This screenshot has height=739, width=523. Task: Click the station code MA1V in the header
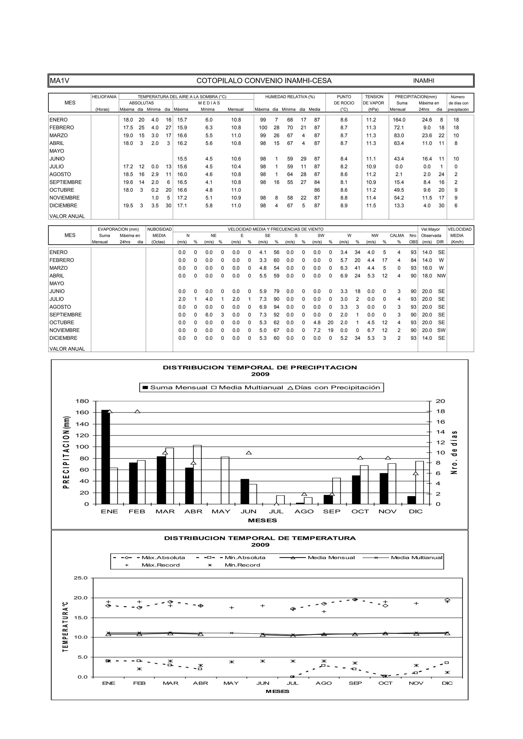(x=59, y=81)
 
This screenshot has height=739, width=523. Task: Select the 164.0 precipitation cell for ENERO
(x=399, y=120)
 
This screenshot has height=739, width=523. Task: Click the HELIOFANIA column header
(x=104, y=97)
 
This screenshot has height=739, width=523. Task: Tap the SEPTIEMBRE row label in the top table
(x=65, y=182)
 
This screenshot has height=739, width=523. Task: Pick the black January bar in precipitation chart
(x=105, y=457)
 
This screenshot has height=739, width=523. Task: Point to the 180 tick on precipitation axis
(x=82, y=401)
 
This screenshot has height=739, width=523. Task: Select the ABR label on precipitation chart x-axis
(x=193, y=511)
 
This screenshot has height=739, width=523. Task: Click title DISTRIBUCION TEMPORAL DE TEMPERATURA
(x=260, y=538)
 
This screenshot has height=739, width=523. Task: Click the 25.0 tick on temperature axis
(x=80, y=578)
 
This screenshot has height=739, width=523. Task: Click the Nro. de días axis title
(x=454, y=453)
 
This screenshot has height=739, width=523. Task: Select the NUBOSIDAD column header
(x=159, y=229)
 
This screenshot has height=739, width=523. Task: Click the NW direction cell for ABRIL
(x=441, y=276)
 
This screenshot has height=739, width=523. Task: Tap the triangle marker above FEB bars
(x=137, y=412)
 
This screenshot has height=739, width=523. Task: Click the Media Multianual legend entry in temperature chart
(x=416, y=557)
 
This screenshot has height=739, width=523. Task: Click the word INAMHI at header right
(x=423, y=81)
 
